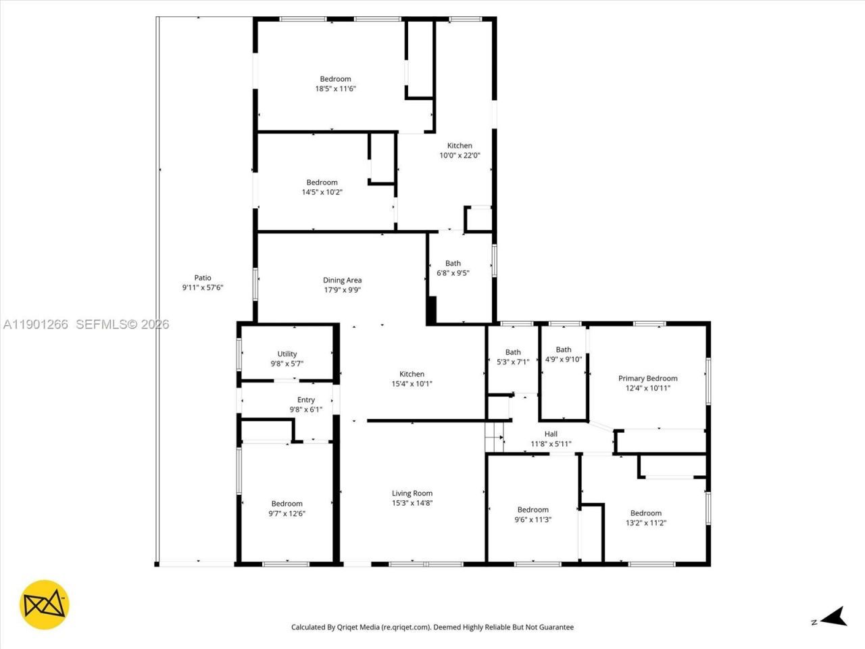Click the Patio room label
202,278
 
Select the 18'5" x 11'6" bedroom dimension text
335,89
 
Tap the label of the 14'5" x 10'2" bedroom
322,183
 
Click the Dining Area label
342,280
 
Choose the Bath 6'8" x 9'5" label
453,264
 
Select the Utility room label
287,354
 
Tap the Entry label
306,400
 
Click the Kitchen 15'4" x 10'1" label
412,374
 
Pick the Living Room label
412,494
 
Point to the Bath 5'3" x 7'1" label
513,352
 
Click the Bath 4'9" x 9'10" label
564,350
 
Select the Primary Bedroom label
647,379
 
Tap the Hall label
551,434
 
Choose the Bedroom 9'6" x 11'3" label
533,510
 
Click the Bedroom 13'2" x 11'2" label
645,513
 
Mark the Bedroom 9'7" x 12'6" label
287,504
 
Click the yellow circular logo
45,604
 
